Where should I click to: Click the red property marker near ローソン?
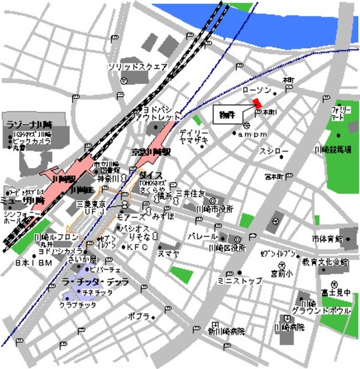(256, 103)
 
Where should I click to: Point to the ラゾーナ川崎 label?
(28, 124)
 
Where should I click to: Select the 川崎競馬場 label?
(333, 150)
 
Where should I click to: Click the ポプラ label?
(139, 317)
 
